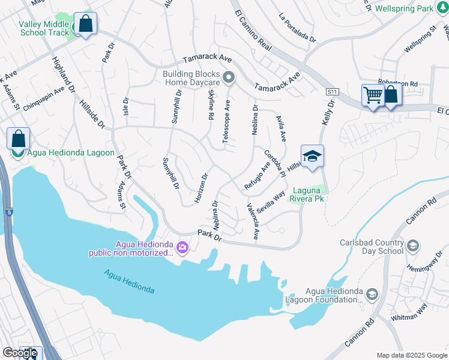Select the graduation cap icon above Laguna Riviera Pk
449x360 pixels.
(x=312, y=157)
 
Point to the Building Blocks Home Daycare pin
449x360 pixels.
(x=228, y=77)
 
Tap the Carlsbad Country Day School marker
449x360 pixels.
(x=412, y=245)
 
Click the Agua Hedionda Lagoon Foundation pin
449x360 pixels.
(x=372, y=293)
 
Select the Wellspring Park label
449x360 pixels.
(x=403, y=9)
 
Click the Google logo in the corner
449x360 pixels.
(x=20, y=352)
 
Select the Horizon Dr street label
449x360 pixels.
(x=201, y=188)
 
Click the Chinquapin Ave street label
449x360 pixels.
(x=44, y=98)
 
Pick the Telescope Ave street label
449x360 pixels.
(x=227, y=121)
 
